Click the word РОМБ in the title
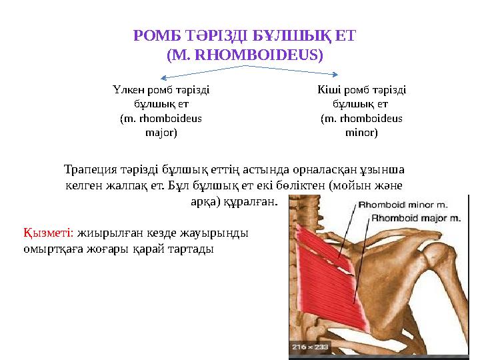point(152,35)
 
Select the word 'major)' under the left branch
point(161,133)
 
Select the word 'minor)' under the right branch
point(361,133)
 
